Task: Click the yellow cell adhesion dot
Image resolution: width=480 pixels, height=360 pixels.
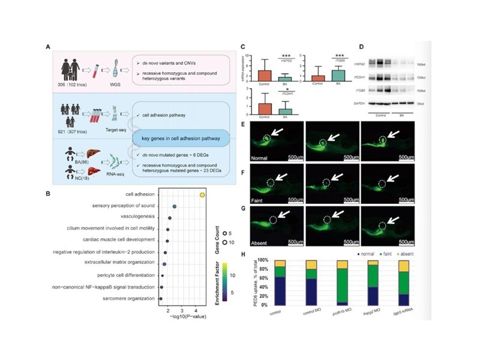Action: (x=203, y=194)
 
